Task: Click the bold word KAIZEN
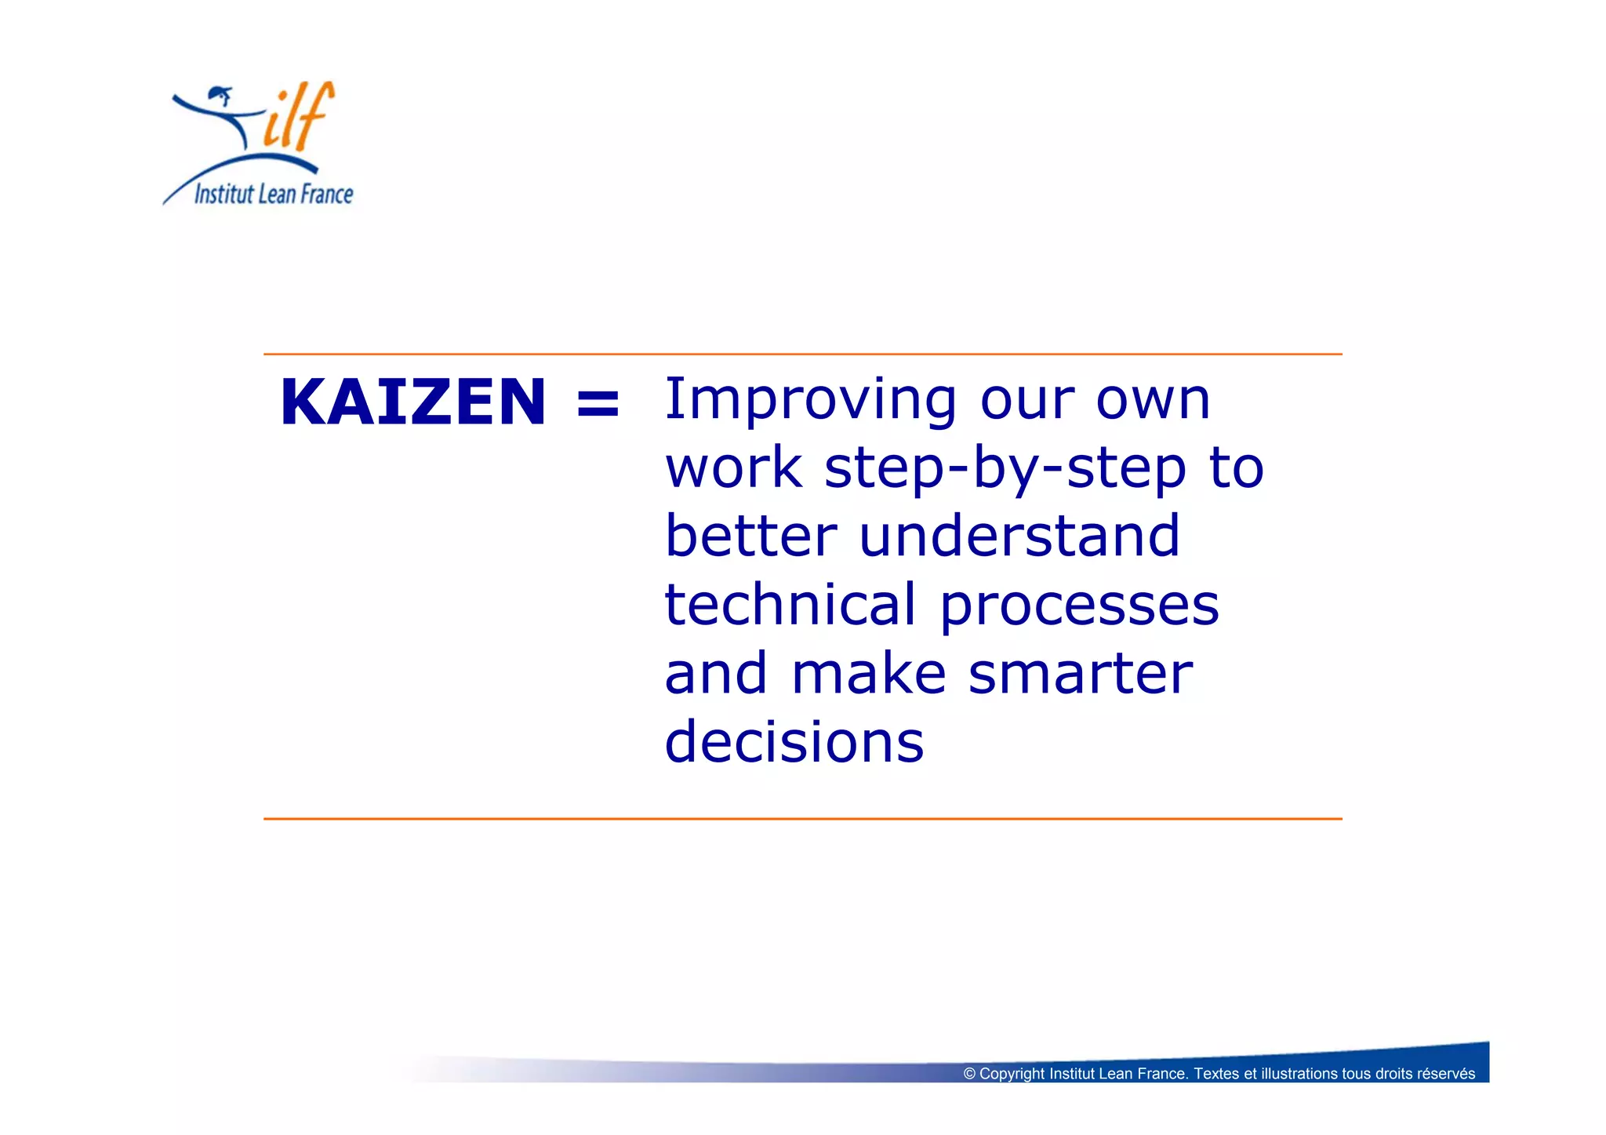pyautogui.click(x=412, y=402)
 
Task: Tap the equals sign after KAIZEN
pyautogui.click(x=598, y=403)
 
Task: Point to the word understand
pyautogui.click(x=1019, y=536)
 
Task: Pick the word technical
pyautogui.click(x=790, y=605)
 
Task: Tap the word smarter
pyautogui.click(x=1080, y=674)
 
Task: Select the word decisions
pyautogui.click(x=794, y=741)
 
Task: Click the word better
pyautogui.click(x=750, y=536)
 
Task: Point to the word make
pyautogui.click(x=868, y=674)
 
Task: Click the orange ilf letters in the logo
pyautogui.click(x=298, y=118)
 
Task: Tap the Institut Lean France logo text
pyautogui.click(x=274, y=194)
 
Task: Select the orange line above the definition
pyautogui.click(x=802, y=355)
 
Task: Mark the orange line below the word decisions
pyautogui.click(x=802, y=819)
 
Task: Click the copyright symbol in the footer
pyautogui.click(x=969, y=1074)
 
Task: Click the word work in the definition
pyautogui.click(x=733, y=469)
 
